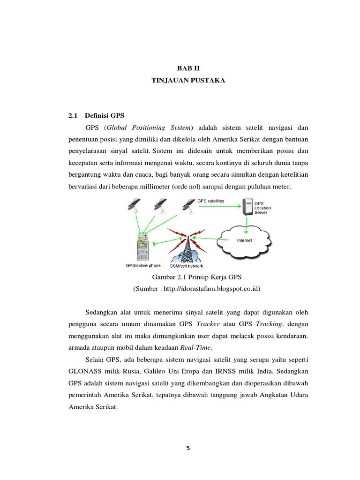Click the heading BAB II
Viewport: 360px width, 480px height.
pos(188,68)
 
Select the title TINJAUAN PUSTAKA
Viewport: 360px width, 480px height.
pos(188,81)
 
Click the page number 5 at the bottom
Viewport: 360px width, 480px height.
pos(188,448)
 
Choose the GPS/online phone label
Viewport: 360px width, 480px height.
pos(142,265)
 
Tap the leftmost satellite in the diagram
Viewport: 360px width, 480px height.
pos(134,205)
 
